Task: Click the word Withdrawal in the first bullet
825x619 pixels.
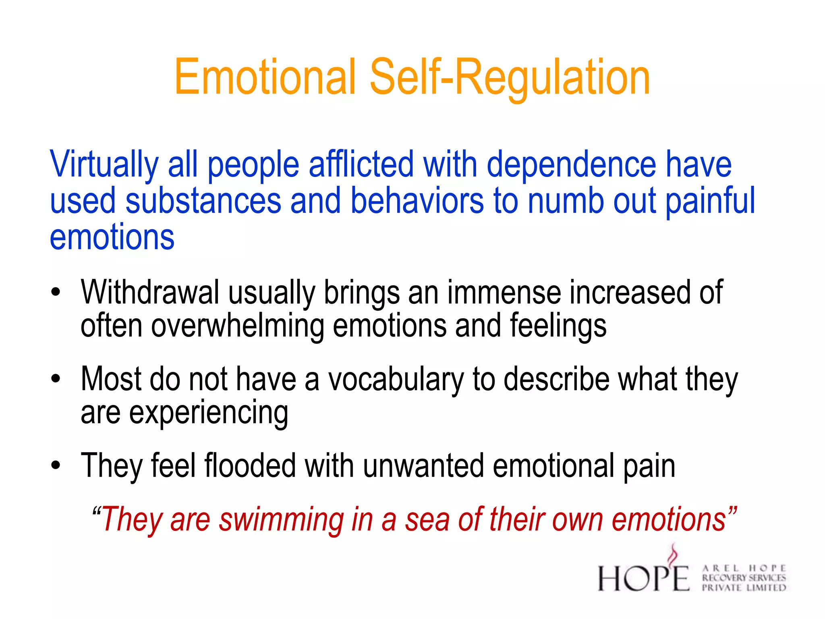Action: click(x=150, y=292)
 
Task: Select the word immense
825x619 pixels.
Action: click(x=504, y=292)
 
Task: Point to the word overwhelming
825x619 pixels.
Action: click(x=238, y=326)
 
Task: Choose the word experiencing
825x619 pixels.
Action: click(x=208, y=413)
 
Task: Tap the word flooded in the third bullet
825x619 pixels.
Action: click(x=250, y=466)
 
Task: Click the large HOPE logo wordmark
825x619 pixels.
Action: click(x=643, y=577)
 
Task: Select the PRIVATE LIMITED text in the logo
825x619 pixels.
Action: click(x=744, y=588)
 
